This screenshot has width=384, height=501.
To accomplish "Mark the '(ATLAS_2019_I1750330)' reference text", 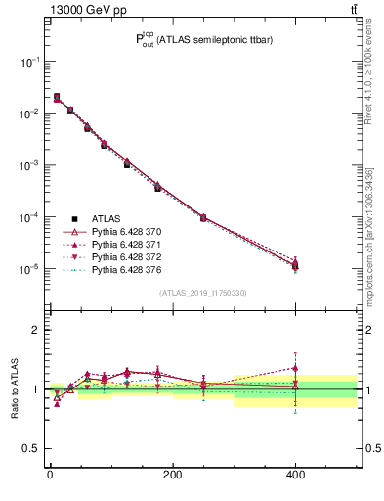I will (203, 294).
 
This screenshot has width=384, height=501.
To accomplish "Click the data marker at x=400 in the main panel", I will (295, 265).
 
